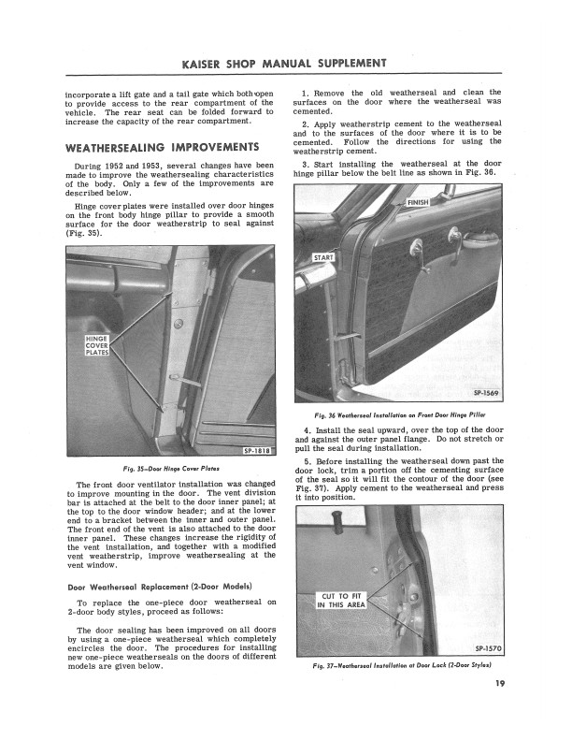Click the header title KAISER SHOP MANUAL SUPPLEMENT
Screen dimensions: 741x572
285,64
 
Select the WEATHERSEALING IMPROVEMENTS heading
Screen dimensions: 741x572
161,148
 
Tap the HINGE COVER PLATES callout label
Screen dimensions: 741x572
97,346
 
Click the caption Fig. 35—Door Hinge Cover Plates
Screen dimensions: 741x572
171,469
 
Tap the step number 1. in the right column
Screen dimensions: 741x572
307,93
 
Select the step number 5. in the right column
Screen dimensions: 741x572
307,459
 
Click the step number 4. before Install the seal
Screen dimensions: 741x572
307,429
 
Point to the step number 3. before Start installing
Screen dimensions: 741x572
307,164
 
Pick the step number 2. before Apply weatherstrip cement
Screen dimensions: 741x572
307,123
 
